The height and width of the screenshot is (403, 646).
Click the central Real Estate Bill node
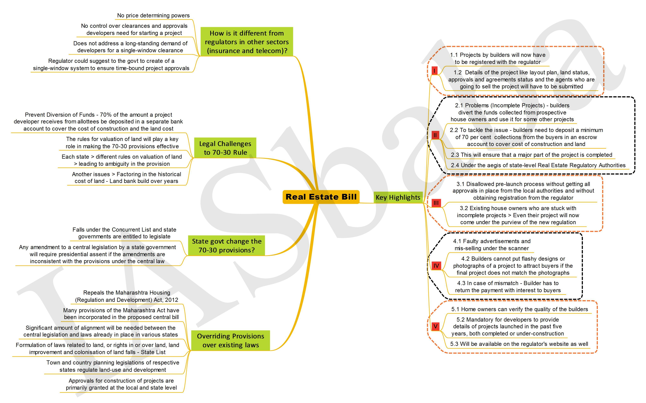(321, 197)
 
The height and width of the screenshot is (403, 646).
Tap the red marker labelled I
(435, 71)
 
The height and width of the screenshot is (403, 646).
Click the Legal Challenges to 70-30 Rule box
(225, 148)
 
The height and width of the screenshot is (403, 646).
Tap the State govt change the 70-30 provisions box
(227, 245)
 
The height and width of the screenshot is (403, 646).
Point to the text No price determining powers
(153, 15)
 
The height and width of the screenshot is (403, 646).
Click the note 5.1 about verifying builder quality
(520, 309)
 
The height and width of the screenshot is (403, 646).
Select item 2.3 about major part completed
(531, 155)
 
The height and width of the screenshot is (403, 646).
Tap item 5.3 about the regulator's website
(519, 344)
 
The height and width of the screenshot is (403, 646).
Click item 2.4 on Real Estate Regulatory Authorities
(538, 165)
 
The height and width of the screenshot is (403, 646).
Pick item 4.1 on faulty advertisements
(492, 245)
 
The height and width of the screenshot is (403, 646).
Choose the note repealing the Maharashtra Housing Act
(127, 296)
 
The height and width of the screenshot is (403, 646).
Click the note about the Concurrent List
(124, 233)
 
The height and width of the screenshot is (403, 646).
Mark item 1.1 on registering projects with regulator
(498, 58)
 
